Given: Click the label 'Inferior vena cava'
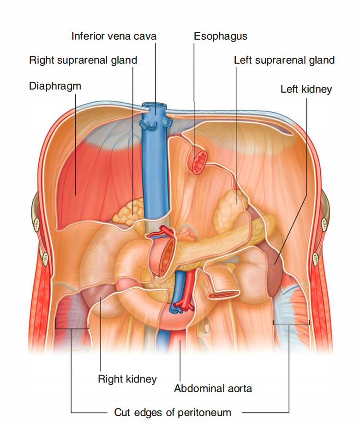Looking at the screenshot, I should tap(114, 36).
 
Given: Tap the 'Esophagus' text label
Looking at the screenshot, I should tap(220, 36).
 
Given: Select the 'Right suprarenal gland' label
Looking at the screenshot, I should tap(83, 60).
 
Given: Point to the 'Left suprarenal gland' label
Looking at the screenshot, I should tap(284, 60).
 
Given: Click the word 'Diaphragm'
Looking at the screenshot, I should tap(55, 86).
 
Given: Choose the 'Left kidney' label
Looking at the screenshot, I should tap(306, 89).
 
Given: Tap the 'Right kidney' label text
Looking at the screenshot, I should tap(127, 379).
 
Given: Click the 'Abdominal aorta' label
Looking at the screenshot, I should tap(213, 388).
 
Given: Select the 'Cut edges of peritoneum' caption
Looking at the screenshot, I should tap(172, 412).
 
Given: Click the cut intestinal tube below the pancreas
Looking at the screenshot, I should tap(224, 293).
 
